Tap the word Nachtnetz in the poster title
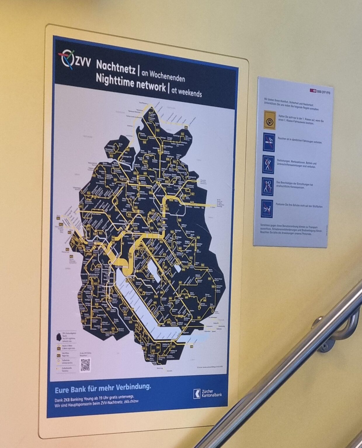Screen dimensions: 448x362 [116, 67]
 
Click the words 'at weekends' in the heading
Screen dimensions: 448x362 [186, 92]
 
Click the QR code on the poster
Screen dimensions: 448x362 [85, 365]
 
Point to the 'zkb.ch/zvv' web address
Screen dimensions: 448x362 [131, 401]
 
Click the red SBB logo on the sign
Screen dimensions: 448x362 [312, 90]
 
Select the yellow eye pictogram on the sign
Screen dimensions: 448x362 [269, 120]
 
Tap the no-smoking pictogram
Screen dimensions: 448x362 [269, 142]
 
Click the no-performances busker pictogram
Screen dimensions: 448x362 [268, 164]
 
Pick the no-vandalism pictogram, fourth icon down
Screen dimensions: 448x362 [267, 187]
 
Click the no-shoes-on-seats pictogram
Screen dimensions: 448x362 [267, 208]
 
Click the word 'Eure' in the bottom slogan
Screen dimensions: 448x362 [62, 390]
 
